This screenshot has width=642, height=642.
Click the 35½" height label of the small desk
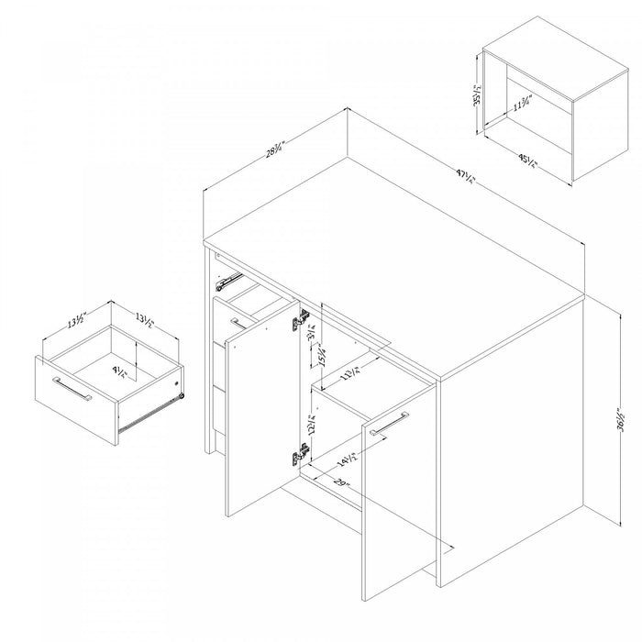pyautogui.click(x=478, y=94)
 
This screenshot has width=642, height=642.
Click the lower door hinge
pyautogui.click(x=298, y=453)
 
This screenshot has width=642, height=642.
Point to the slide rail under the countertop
pyautogui.click(x=229, y=277)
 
